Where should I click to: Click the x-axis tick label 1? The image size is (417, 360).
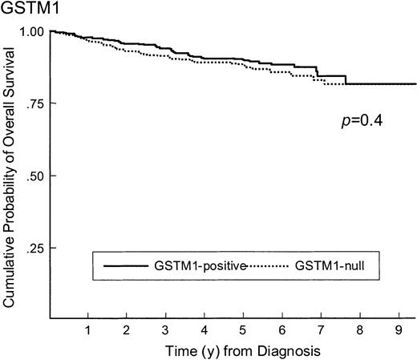coord(87,330)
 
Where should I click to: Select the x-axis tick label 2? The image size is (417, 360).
coord(126,330)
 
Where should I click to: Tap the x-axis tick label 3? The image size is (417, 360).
coord(165,330)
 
